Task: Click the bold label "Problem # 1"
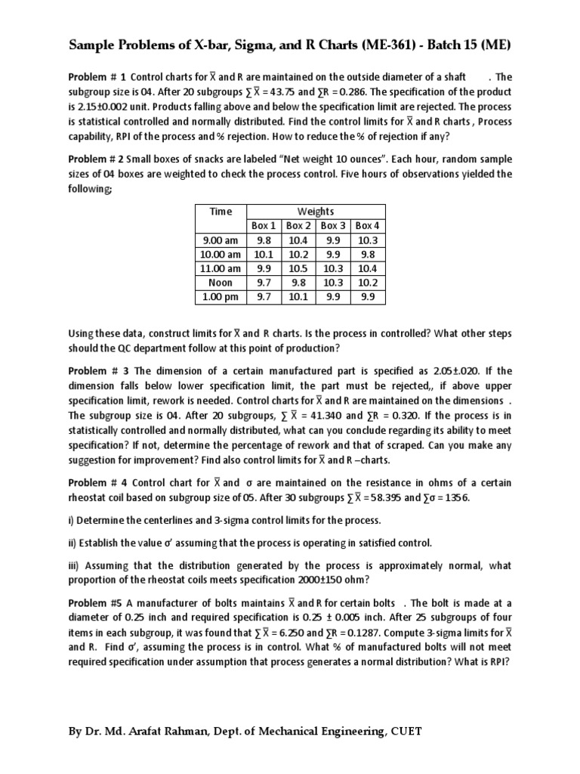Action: pyautogui.click(x=97, y=77)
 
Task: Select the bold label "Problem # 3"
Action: pyautogui.click(x=99, y=371)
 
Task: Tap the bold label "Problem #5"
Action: pyautogui.click(x=97, y=602)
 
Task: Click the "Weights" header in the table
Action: pyautogui.click(x=316, y=212)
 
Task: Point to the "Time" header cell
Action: pyautogui.click(x=221, y=212)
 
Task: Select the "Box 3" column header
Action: pyautogui.click(x=333, y=226)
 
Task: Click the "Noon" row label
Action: pyautogui.click(x=221, y=283)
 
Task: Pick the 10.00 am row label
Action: pyautogui.click(x=221, y=254)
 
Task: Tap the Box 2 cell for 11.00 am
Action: pyautogui.click(x=299, y=268)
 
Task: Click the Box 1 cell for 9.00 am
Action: pyautogui.click(x=264, y=240)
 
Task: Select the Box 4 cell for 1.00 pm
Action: pyautogui.click(x=367, y=297)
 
